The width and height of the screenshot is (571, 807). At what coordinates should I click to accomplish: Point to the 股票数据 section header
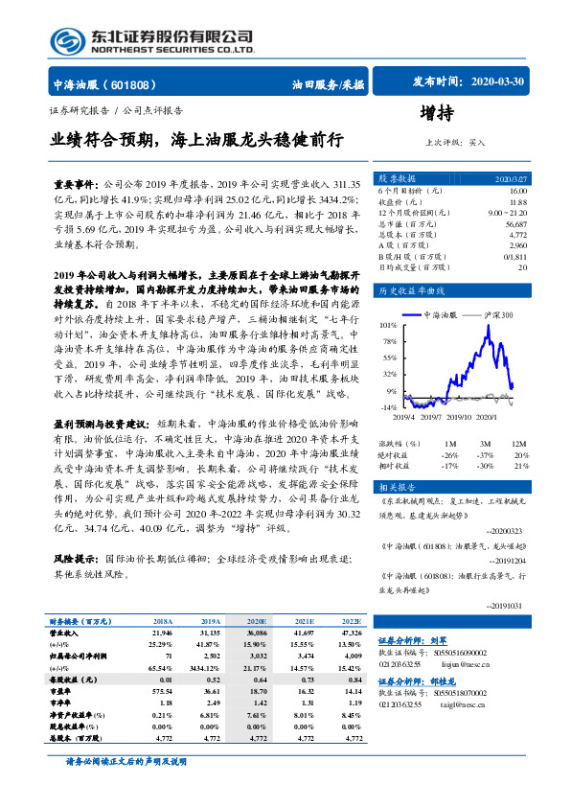pos(397,179)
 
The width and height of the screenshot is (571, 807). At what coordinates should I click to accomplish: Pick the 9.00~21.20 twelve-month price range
pos(507,212)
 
